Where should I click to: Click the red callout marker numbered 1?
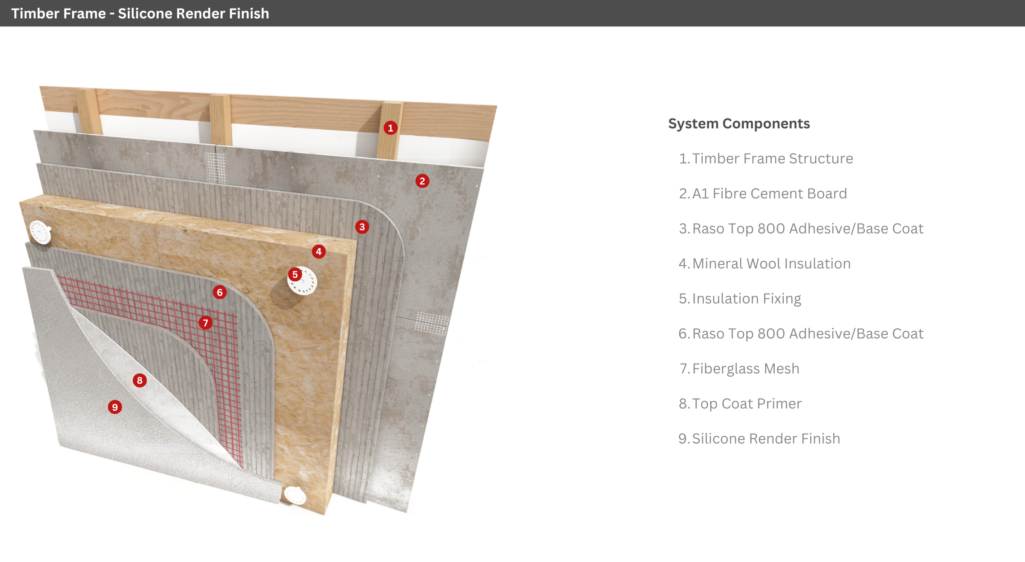pyautogui.click(x=391, y=128)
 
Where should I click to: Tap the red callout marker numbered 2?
pyautogui.click(x=422, y=181)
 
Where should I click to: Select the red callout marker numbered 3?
pyautogui.click(x=362, y=227)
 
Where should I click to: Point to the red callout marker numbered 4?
pyautogui.click(x=318, y=251)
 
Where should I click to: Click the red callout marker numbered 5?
pyautogui.click(x=295, y=274)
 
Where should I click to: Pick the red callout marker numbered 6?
pyautogui.click(x=219, y=292)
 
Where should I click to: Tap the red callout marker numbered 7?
pyautogui.click(x=205, y=322)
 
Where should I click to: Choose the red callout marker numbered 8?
pyautogui.click(x=139, y=381)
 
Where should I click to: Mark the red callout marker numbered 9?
pyautogui.click(x=115, y=407)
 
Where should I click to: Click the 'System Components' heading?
pyautogui.click(x=739, y=123)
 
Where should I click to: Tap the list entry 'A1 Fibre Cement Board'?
pyautogui.click(x=769, y=193)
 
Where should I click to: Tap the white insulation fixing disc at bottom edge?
pyautogui.click(x=295, y=495)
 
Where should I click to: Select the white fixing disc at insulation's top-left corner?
pyautogui.click(x=40, y=232)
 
